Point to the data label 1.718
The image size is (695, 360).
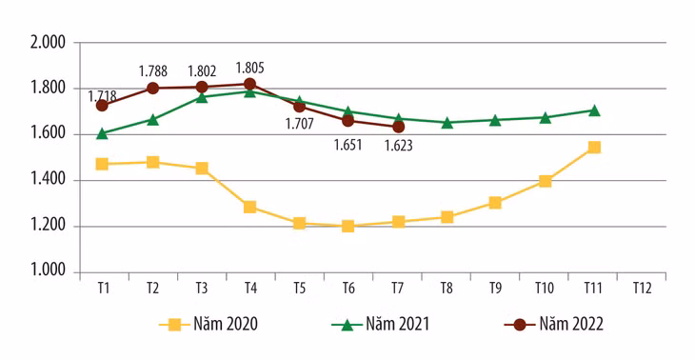[x=103, y=96]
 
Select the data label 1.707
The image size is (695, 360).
[x=300, y=123]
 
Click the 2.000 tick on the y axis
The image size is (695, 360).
[x=47, y=43]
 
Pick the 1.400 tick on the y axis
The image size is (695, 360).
[x=47, y=180]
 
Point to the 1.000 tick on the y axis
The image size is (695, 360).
[x=47, y=272]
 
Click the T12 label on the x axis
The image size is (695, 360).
[x=643, y=288]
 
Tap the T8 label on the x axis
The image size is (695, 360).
[x=447, y=288]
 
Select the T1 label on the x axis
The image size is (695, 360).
[x=102, y=288]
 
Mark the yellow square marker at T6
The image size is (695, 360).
[x=348, y=227]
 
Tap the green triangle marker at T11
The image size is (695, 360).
[x=594, y=110]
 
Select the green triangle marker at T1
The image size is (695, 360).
[x=102, y=133]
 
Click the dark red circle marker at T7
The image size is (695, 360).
[x=398, y=127]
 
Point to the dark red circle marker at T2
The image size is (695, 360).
[x=151, y=89]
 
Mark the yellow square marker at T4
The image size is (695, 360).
[x=250, y=207]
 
